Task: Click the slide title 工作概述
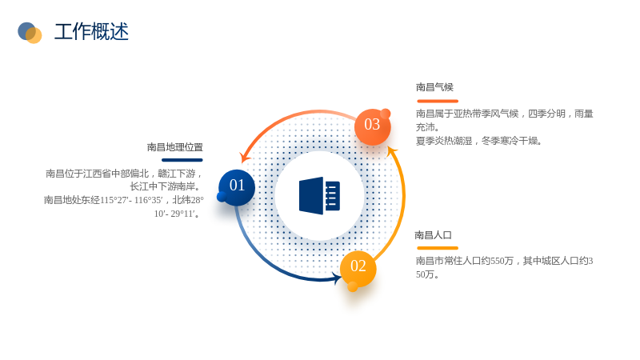pos(91,32)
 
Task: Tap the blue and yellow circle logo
pos(30,33)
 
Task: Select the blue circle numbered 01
pos(237,187)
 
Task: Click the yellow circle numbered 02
pos(358,269)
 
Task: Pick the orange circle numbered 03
pos(372,127)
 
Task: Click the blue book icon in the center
pos(319,196)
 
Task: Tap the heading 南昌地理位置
pos(175,147)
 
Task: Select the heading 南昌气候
pos(434,87)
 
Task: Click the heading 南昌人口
pos(433,235)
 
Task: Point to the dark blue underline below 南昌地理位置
pos(182,160)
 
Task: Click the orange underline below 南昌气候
pos(438,102)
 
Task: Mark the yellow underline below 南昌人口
pos(438,248)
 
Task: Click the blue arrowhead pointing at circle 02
pos(338,278)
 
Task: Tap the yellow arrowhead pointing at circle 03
pos(391,151)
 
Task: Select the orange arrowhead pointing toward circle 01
pos(245,157)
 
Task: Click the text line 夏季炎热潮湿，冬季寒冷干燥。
pos(478,141)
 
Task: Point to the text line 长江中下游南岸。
pos(166,186)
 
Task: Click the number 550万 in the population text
pos(502,261)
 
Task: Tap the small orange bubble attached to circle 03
pos(386,114)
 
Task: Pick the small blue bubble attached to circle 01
pos(222,197)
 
